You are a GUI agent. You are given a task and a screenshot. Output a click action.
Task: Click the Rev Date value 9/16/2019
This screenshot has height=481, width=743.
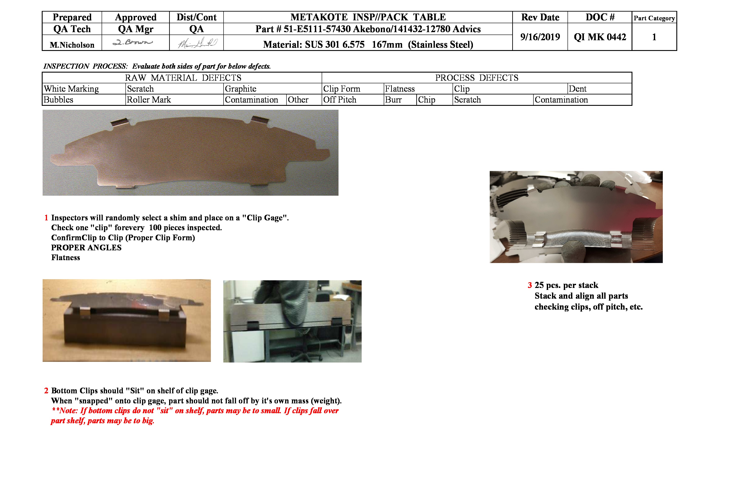[x=540, y=37]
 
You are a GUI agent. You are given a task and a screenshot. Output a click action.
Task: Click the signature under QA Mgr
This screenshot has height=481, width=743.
[x=133, y=42]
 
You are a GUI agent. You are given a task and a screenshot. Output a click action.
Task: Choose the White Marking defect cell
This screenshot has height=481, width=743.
[x=71, y=89]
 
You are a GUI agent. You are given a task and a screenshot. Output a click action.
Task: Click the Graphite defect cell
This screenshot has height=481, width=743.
[x=240, y=89]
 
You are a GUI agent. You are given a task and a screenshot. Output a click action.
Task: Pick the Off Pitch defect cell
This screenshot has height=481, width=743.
[x=340, y=100]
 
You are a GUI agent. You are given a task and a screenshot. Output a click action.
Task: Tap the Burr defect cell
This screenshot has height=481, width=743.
[x=393, y=100]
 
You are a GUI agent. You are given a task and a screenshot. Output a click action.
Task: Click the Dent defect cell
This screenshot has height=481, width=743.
[x=578, y=89]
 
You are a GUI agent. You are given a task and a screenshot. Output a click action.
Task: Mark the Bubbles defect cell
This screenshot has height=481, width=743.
[x=59, y=100]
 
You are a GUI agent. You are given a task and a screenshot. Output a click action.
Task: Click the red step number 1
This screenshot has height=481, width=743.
[x=46, y=218]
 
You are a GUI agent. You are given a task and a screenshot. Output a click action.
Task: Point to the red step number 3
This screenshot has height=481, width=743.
[x=530, y=285]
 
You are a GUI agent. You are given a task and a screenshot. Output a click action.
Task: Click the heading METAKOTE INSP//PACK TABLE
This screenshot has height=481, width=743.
[x=368, y=17]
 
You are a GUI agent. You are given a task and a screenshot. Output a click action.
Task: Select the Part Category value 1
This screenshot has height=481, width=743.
[x=654, y=37]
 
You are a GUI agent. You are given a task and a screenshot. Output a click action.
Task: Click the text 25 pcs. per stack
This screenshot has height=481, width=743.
[x=566, y=285]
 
